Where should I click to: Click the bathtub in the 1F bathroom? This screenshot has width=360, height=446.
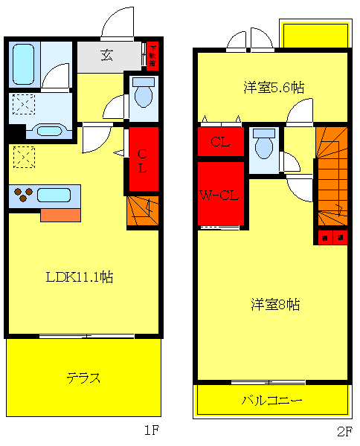point(23,64)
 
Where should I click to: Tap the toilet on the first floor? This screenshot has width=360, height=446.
point(143,96)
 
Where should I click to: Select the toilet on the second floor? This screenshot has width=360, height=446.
point(263,145)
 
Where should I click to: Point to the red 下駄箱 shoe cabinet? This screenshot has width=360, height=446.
point(152,55)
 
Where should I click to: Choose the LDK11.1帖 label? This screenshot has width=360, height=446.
point(79,277)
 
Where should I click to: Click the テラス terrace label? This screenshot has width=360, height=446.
point(83,377)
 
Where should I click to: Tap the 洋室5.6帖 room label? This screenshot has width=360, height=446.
point(273,87)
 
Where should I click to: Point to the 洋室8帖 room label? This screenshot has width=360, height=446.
point(274,304)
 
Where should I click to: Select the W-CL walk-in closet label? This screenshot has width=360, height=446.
point(219,195)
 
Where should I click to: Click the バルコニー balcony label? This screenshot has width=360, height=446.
point(271,400)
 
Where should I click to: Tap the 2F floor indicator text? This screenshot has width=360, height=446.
point(344,430)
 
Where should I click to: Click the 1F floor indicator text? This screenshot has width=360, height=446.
point(152,430)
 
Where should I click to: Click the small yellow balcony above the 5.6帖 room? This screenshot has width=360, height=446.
point(315,34)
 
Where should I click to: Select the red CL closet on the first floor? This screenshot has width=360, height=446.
point(144,160)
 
